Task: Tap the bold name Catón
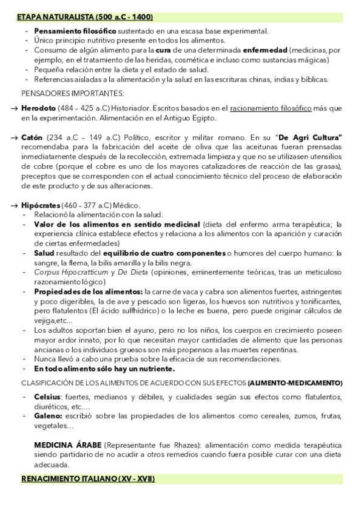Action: click(x=32, y=138)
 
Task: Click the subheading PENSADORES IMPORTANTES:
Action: click(x=72, y=93)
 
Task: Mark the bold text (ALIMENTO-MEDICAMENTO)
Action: click(x=295, y=383)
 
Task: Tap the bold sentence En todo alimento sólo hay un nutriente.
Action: click(x=105, y=369)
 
